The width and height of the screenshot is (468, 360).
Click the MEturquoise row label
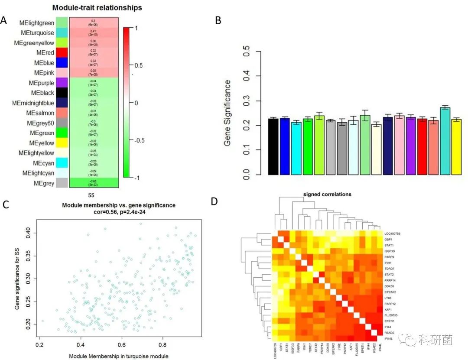click(37, 32)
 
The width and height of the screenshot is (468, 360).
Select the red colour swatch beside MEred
click(62, 53)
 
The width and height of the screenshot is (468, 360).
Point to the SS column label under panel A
click(91, 195)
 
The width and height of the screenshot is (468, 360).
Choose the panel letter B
click(218, 20)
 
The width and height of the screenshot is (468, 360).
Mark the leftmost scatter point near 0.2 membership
click(42, 321)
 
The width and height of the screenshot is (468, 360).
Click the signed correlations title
click(327, 195)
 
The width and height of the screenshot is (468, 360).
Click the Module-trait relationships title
click(97, 8)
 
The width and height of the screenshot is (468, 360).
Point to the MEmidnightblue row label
click(34, 103)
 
